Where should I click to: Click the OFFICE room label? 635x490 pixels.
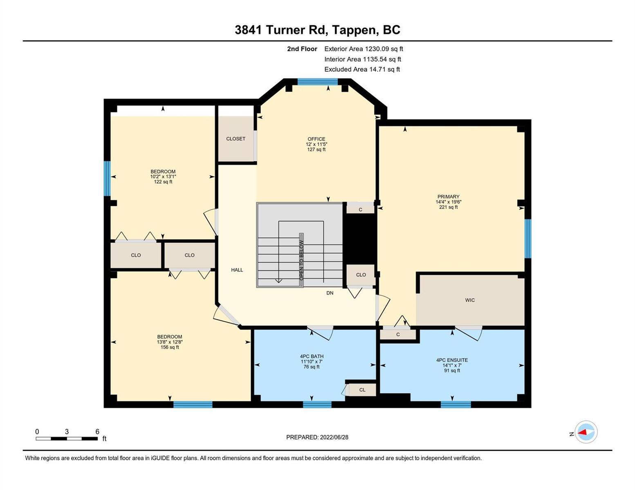pyautogui.click(x=316, y=139)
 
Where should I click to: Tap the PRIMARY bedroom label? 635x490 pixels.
pyautogui.click(x=448, y=196)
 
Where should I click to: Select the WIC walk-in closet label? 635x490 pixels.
pyautogui.click(x=470, y=300)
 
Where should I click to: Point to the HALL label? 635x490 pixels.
pyautogui.click(x=237, y=270)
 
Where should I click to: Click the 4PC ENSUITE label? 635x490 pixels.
pyautogui.click(x=452, y=360)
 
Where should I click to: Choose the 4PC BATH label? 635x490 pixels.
pyautogui.click(x=312, y=356)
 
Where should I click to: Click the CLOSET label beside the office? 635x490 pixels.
pyautogui.click(x=236, y=139)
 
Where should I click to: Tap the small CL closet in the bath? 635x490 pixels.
pyautogui.click(x=362, y=390)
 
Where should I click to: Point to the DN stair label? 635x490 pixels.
pyautogui.click(x=330, y=293)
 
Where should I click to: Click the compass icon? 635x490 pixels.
pyautogui.click(x=586, y=432)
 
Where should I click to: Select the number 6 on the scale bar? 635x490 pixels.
pyautogui.click(x=97, y=432)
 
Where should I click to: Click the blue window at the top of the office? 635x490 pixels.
pyautogui.click(x=317, y=81)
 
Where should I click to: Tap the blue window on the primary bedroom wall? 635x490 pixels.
pyautogui.click(x=528, y=238)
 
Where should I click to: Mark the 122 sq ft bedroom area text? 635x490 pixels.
pyautogui.click(x=163, y=182)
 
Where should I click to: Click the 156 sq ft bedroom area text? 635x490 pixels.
pyautogui.click(x=170, y=347)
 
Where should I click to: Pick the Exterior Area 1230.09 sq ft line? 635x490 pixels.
pyautogui.click(x=363, y=49)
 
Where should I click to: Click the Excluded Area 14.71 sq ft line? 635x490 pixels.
pyautogui.click(x=362, y=69)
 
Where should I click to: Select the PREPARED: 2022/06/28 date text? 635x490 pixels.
pyautogui.click(x=317, y=437)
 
